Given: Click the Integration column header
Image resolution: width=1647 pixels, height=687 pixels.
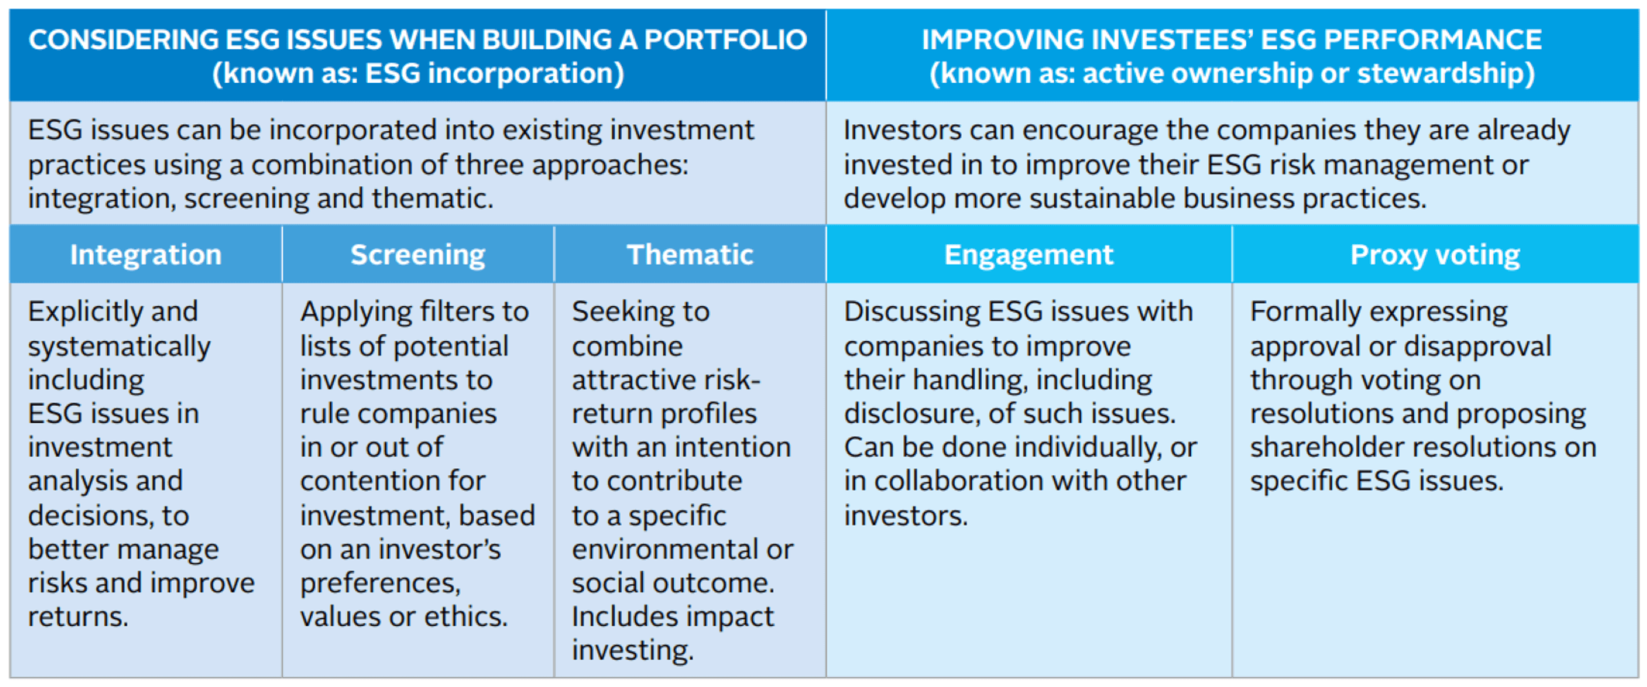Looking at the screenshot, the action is click(146, 255).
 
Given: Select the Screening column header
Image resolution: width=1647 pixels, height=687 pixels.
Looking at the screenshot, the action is click(418, 255).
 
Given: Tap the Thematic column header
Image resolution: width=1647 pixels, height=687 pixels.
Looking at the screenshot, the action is click(690, 255).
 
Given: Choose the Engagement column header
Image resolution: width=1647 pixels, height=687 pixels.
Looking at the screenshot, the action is click(1029, 255).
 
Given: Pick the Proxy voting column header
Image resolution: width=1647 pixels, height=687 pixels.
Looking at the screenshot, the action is click(1435, 255).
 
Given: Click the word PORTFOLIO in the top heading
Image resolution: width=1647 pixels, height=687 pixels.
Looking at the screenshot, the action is click(726, 40).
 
